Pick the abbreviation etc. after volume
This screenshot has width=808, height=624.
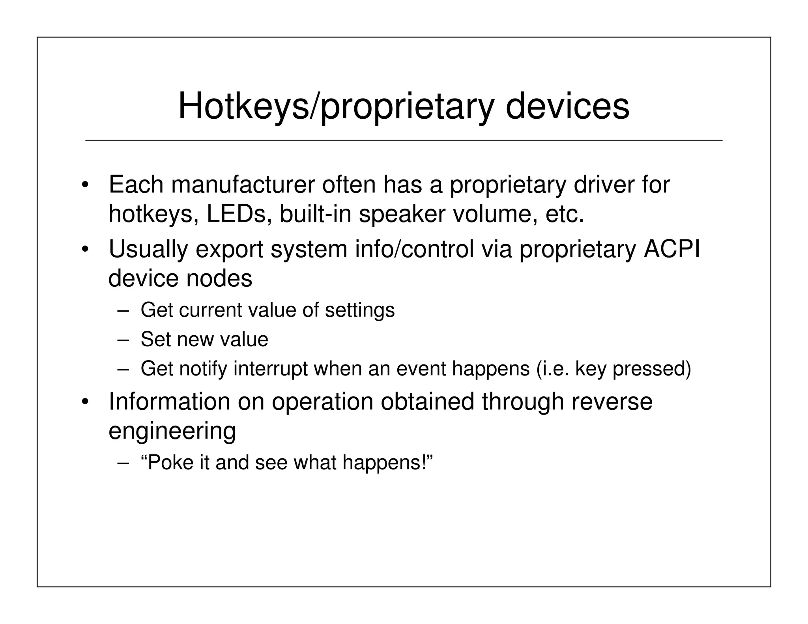pyautogui.click(x=564, y=214)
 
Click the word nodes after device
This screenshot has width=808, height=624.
pyautogui.click(x=219, y=278)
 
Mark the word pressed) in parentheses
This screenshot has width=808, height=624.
pyautogui.click(x=651, y=368)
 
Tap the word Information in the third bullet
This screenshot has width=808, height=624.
pyautogui.click(x=169, y=402)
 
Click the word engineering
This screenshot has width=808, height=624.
pyautogui.click(x=172, y=431)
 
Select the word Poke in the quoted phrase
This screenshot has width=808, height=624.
pyautogui.click(x=168, y=462)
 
